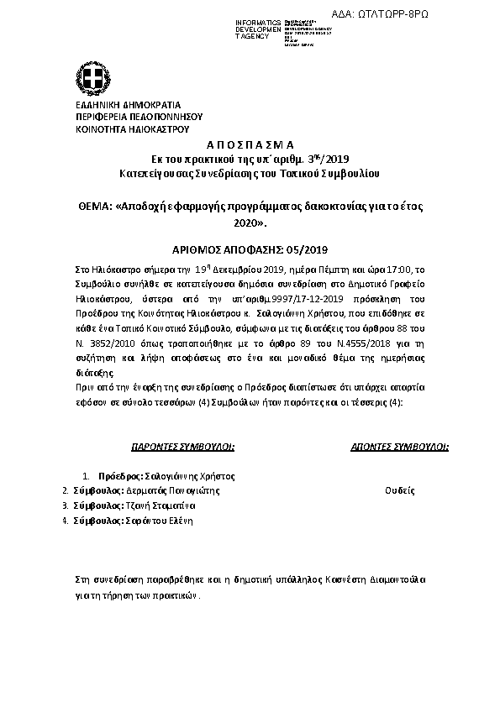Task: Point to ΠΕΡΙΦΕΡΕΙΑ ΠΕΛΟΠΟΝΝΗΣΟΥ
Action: pyautogui.click(x=138, y=117)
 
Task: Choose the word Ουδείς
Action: pyautogui.click(x=398, y=490)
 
